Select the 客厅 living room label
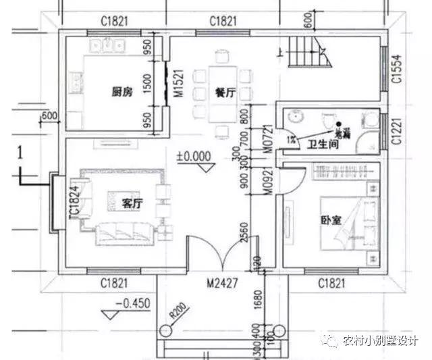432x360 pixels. [132, 202]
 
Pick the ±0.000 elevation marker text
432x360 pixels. [194, 156]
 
